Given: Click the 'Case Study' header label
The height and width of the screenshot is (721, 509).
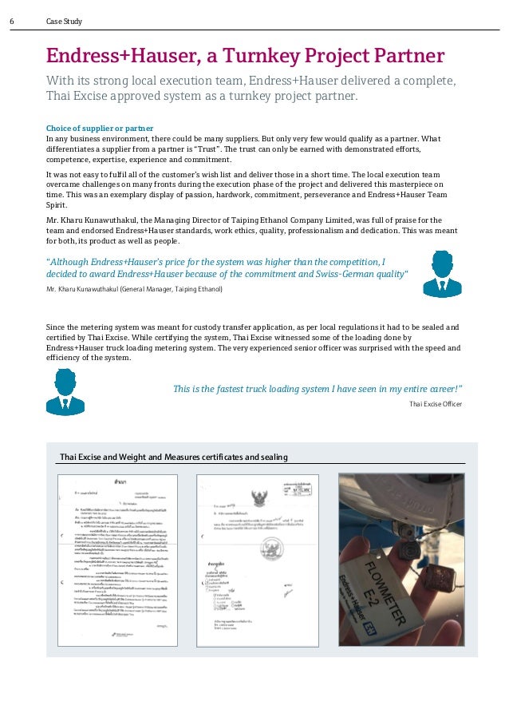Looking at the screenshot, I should pyautogui.click(x=64, y=22).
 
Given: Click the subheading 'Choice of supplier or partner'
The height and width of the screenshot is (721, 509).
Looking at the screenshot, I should pyautogui.click(x=100, y=128).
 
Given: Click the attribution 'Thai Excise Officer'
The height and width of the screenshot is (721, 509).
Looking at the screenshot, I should pyautogui.click(x=436, y=405).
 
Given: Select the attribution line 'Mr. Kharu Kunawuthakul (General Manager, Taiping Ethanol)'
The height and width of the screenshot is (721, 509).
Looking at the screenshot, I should pyautogui.click(x=135, y=289).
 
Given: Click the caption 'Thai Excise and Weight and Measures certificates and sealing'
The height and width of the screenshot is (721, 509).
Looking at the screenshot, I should pyautogui.click(x=173, y=457).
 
